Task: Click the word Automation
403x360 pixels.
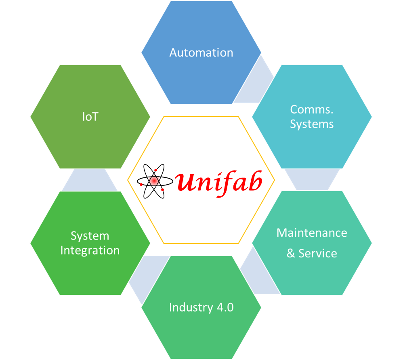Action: pos(201,53)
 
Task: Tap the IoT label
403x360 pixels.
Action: pos(90,117)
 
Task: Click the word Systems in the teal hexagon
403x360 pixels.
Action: pos(312,124)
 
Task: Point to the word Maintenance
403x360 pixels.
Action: pos(312,233)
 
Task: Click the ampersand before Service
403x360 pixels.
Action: pos(291,254)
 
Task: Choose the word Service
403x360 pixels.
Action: pos(317,253)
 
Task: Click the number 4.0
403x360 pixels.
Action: pos(225,307)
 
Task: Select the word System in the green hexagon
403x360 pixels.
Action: pos(90,236)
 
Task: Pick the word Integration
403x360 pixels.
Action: pos(90,251)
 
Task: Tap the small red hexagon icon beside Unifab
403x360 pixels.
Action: pos(153,181)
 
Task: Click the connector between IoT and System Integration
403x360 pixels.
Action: pos(90,180)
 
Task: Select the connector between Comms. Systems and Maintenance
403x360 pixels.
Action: pos(312,179)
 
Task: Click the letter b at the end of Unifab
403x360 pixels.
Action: pos(254,181)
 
